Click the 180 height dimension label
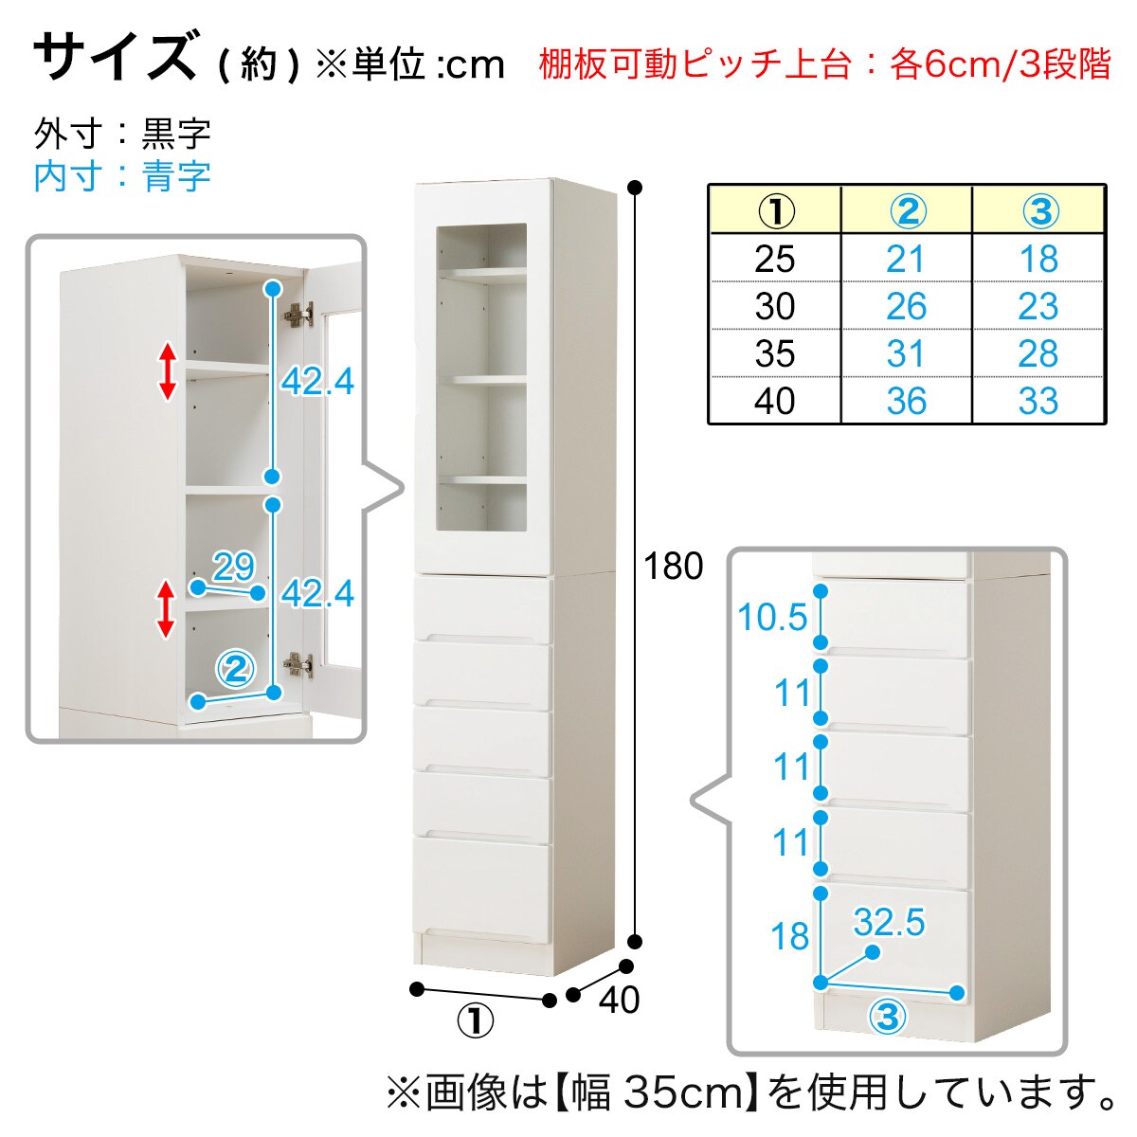(x=674, y=567)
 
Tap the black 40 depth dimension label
(x=619, y=1000)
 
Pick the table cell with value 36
(x=906, y=401)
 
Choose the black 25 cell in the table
(x=775, y=259)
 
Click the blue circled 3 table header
(x=1040, y=211)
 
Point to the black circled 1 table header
(x=776, y=211)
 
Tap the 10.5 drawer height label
(x=772, y=617)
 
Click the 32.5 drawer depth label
(x=889, y=922)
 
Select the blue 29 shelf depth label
(x=234, y=567)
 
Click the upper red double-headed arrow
(x=168, y=371)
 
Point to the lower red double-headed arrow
(x=166, y=609)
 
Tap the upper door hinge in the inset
(x=299, y=314)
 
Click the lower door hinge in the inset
(x=299, y=665)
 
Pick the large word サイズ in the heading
(x=116, y=55)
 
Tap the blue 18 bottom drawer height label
(x=789, y=936)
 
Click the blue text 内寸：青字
(x=122, y=176)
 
